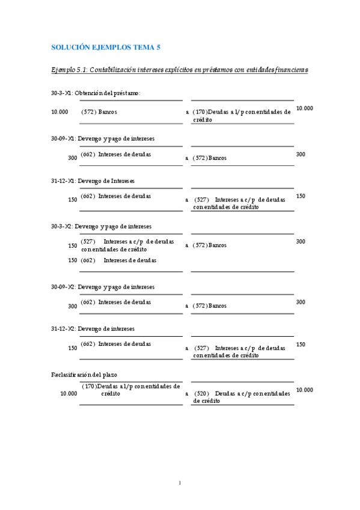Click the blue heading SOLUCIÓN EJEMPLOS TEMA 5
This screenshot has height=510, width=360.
(106, 46)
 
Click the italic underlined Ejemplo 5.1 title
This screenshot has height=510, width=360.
(180, 70)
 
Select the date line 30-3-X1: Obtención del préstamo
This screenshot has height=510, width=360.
(96, 93)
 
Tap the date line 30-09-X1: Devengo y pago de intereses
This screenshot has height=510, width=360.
(103, 138)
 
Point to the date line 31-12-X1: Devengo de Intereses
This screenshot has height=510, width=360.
(93, 180)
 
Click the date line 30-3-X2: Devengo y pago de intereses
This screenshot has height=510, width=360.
(101, 226)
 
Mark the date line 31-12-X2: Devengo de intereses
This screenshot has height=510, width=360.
(93, 329)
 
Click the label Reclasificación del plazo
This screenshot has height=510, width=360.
(84, 375)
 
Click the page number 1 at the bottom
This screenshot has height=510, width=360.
(180, 482)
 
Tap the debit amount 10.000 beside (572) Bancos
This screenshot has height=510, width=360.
(59, 112)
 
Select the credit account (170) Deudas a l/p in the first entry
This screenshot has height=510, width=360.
(242, 115)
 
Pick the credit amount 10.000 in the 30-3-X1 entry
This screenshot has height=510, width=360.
(305, 108)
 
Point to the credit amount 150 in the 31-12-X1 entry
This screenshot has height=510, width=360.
(301, 196)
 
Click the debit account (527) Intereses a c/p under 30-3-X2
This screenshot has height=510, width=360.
(127, 245)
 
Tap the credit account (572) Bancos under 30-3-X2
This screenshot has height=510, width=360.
(210, 245)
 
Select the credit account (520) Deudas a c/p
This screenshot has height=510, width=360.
(242, 397)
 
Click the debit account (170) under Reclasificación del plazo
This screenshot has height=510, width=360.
(130, 390)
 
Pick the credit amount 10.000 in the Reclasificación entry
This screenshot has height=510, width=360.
(305, 390)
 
